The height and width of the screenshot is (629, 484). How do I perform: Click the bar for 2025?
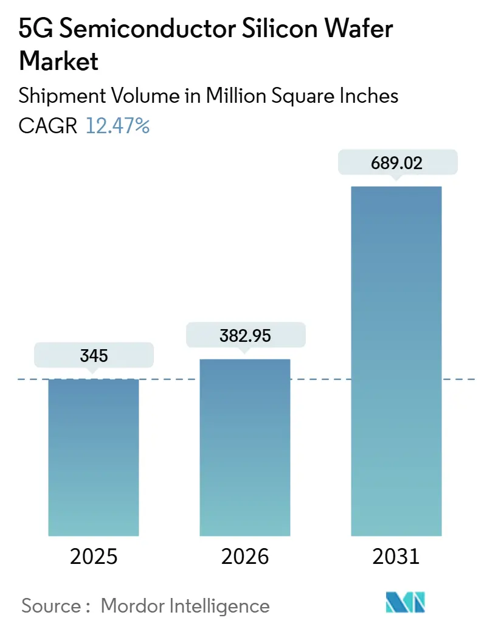tap(94, 457)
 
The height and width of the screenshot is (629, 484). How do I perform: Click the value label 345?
tap(94, 355)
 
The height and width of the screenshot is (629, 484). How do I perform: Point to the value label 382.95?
tap(245, 336)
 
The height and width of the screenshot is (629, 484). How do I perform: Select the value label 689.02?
tap(396, 163)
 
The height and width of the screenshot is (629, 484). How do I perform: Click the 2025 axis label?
tap(94, 557)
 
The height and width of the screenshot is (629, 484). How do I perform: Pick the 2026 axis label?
tap(245, 557)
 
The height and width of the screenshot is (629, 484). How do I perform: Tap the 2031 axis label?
tap(396, 557)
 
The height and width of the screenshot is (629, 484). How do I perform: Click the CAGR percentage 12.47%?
tap(117, 126)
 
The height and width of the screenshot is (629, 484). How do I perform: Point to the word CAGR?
tap(48, 126)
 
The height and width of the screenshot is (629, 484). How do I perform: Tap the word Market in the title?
tap(59, 61)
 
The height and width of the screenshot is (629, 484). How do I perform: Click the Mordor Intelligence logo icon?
tap(406, 602)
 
